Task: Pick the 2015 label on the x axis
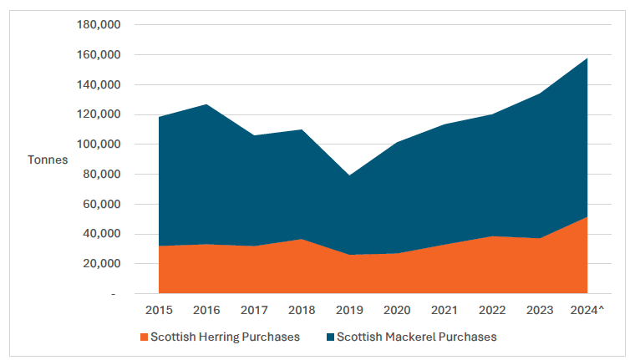(159, 310)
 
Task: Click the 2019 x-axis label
(349, 310)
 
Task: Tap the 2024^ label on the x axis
(587, 310)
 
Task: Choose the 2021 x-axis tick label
(444, 310)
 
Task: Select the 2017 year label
(254, 310)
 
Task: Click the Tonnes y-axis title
(48, 160)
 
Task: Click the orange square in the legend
(144, 337)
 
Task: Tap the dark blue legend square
(330, 337)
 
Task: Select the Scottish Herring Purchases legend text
(224, 337)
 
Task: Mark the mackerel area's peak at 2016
(206, 104)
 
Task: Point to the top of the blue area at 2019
(349, 175)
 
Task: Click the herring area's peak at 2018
(302, 239)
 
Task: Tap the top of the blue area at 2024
(587, 58)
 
